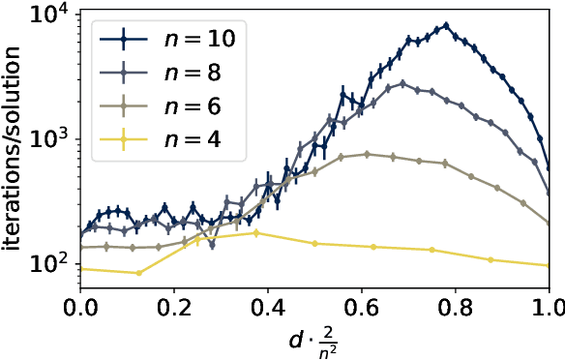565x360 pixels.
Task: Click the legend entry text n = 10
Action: point(194,40)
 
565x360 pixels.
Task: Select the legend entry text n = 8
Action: point(189,73)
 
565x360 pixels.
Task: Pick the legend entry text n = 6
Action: point(189,105)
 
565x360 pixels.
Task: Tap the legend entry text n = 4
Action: point(189,138)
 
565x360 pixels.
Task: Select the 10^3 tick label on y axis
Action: point(51,140)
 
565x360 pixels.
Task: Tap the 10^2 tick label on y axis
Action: point(51,264)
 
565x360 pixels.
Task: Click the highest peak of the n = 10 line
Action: point(446,25)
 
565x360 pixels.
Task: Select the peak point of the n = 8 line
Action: point(402,83)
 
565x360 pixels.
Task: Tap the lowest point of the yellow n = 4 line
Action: point(139,273)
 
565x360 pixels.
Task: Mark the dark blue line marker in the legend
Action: point(125,40)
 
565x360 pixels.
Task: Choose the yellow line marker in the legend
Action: point(125,138)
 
